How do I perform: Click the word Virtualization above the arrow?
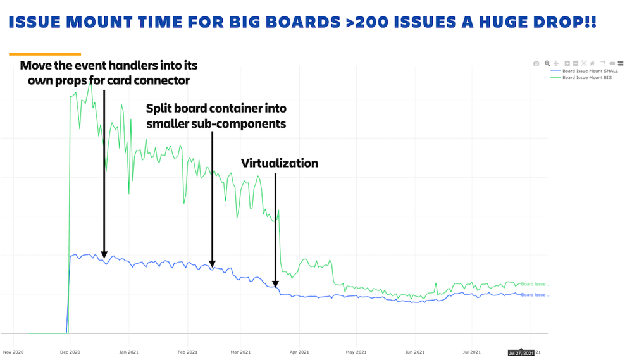(x=280, y=163)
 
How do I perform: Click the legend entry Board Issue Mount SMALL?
(x=590, y=71)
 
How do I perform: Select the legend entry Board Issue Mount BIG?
(x=587, y=77)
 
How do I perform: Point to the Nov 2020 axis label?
(x=13, y=351)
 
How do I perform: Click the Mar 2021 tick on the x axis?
(x=241, y=351)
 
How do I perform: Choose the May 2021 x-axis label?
(x=356, y=351)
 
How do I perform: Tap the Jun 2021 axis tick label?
(x=414, y=351)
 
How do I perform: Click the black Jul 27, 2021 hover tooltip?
(x=519, y=353)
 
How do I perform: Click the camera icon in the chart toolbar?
(x=536, y=63)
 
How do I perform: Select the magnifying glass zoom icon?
(x=547, y=63)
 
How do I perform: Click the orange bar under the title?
(x=46, y=54)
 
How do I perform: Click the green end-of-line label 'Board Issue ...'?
(x=535, y=284)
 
